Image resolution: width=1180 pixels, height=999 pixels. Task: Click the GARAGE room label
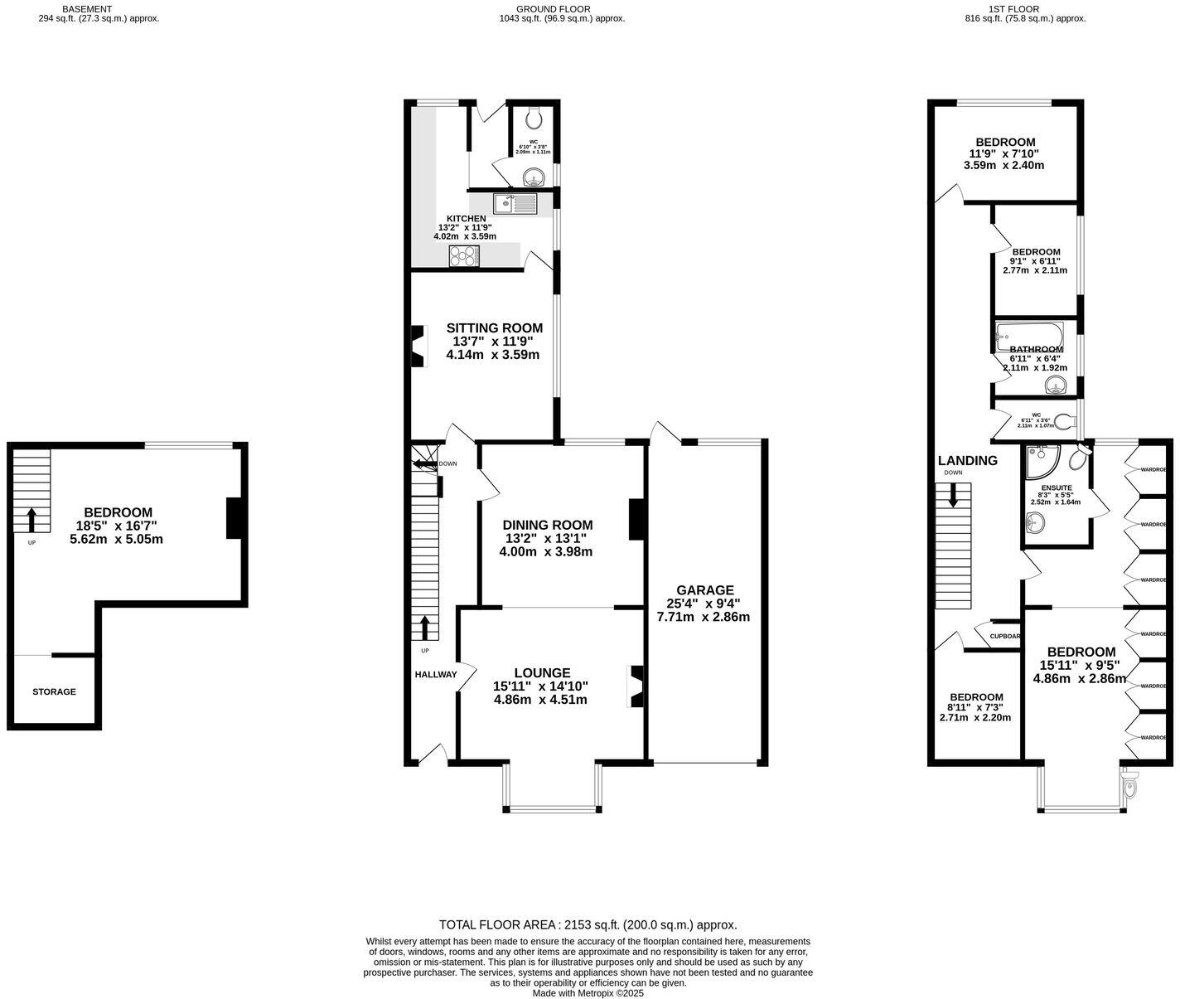704,590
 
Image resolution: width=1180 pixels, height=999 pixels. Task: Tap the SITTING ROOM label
494,327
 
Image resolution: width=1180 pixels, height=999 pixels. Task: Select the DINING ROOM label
547,525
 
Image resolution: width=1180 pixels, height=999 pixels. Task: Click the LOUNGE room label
542,673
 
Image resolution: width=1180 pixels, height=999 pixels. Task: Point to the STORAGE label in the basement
54,691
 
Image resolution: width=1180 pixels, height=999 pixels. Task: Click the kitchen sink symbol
515,203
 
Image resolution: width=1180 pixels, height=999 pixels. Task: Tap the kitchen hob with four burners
464,257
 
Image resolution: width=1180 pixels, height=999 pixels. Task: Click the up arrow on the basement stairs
31,520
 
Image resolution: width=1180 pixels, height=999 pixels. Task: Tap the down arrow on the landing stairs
952,496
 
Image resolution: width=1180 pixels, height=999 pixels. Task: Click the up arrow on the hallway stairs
425,628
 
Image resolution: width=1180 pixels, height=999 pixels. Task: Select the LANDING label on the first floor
967,461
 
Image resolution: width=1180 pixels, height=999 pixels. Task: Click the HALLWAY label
436,674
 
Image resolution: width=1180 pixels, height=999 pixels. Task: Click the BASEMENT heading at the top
87,9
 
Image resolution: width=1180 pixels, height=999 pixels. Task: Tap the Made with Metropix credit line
588,992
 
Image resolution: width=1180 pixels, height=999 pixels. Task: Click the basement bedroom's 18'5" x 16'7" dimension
116,526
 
